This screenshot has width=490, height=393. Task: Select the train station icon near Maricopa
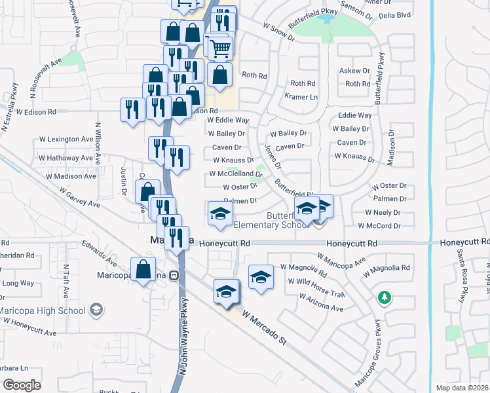pos(174,276)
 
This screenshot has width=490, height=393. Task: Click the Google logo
pos(22,385)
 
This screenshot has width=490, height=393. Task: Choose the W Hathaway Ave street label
pos(68,158)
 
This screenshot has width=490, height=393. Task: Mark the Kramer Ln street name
pos(301,97)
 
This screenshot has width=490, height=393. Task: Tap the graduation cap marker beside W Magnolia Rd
pos(261,276)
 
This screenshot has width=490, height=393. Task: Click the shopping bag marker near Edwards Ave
pos(143,270)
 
